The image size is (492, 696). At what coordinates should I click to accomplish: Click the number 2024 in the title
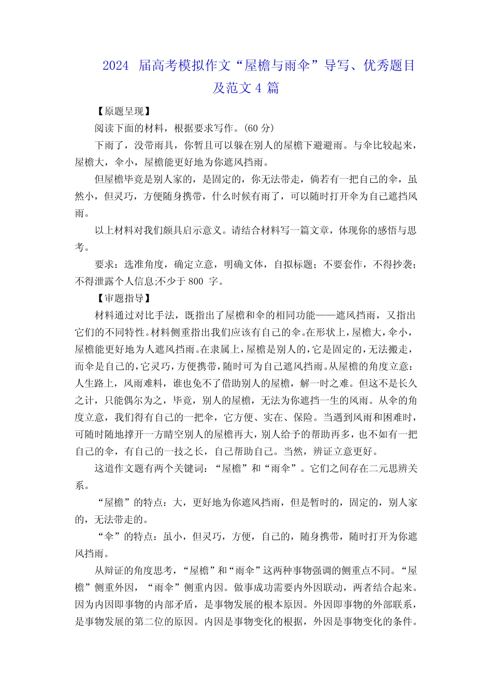coord(115,66)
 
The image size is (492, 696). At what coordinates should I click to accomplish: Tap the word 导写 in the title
coord(336,66)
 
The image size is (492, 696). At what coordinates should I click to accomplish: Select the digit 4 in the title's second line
coord(258,88)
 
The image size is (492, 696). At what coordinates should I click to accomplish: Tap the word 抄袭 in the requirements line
coord(403,265)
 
